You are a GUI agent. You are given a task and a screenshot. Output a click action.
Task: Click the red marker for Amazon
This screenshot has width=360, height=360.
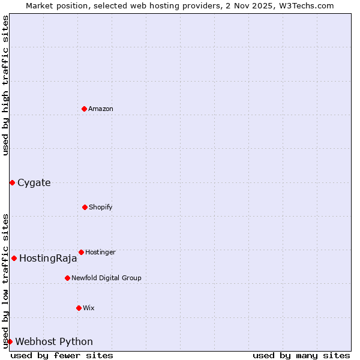click(x=84, y=109)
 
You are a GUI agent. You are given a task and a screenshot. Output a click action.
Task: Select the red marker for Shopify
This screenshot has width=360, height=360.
click(x=85, y=207)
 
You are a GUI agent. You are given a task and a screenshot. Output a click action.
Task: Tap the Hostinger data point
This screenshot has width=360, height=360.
click(x=81, y=252)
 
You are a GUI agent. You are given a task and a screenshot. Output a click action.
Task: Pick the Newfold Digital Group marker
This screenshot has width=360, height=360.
click(x=67, y=278)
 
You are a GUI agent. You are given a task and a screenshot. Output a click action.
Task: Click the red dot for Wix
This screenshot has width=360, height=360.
click(x=79, y=308)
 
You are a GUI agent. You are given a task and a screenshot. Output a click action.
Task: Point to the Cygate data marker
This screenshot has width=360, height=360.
click(x=12, y=182)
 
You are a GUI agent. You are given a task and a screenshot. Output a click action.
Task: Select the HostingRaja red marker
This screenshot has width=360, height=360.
click(x=14, y=258)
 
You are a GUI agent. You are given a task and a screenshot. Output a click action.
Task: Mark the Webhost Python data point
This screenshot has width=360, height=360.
click(x=10, y=341)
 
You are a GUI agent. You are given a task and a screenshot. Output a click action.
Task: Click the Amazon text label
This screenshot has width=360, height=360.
click(x=101, y=109)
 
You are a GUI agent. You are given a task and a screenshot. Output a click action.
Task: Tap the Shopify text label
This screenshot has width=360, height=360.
click(x=101, y=207)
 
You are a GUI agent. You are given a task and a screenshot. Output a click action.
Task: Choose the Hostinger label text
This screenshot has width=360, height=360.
click(x=100, y=252)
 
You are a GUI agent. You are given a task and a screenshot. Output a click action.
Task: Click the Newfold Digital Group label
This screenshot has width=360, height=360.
click(x=106, y=278)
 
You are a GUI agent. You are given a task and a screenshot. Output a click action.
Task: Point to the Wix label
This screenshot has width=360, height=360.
click(x=89, y=308)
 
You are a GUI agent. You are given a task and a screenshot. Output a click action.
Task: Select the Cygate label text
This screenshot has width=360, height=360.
click(x=34, y=182)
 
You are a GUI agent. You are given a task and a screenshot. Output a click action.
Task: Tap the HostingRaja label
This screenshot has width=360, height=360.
click(x=48, y=259)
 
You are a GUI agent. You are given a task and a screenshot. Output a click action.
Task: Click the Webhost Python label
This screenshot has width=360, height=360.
click(x=54, y=342)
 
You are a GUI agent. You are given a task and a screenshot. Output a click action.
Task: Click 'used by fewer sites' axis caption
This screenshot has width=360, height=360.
click(x=62, y=355)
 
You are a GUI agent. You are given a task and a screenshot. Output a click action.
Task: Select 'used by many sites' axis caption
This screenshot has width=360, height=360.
click(x=301, y=355)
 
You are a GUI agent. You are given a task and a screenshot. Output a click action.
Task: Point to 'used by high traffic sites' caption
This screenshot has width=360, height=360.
click(x=5, y=85)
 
